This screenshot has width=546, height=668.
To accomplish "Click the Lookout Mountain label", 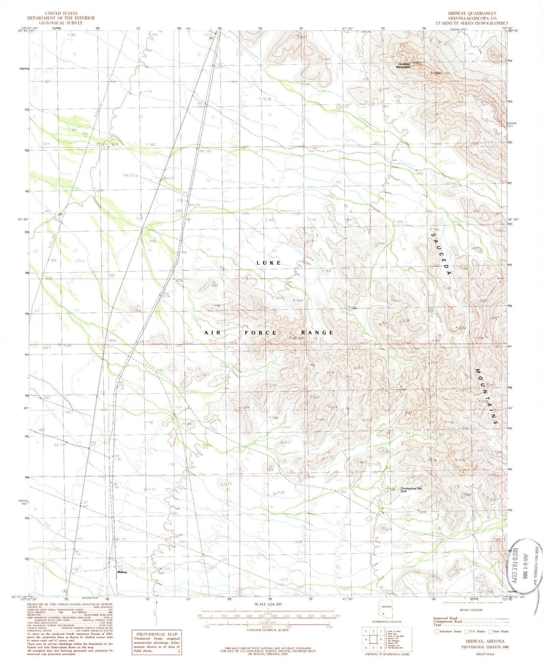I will click(403, 65).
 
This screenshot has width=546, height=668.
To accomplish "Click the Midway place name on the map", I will click(122, 572).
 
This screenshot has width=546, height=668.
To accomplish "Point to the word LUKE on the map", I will click(268, 263).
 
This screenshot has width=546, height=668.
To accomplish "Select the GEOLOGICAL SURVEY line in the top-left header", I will click(61, 23).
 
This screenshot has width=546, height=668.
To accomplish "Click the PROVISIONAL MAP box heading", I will click(156, 634).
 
